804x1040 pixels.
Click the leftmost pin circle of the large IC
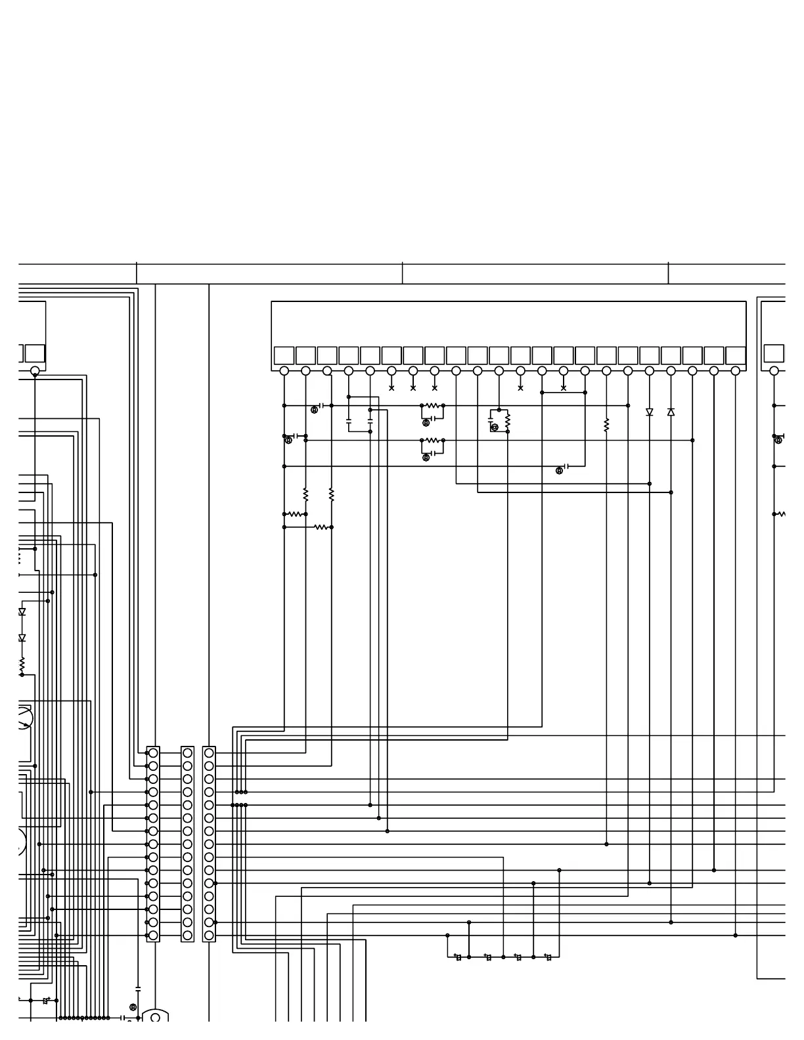click(284, 371)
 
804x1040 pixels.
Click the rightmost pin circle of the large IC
click(735, 371)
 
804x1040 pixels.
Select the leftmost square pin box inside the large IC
click(284, 355)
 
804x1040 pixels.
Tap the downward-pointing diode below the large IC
click(650, 412)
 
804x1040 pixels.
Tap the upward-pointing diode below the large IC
click(671, 412)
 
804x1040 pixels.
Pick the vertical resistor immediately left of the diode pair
click(606, 425)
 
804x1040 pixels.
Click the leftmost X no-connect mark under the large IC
click(391, 388)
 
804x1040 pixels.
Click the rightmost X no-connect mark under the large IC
click(564, 388)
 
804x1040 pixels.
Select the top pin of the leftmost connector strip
click(153, 753)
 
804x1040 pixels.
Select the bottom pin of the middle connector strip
click(188, 936)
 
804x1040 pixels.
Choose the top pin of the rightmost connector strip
click(209, 753)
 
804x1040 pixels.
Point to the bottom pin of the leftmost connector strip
click(153, 936)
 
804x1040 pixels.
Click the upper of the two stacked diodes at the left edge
click(22, 612)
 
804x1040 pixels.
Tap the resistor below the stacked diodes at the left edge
click(22, 664)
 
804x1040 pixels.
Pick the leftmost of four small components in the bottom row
click(458, 957)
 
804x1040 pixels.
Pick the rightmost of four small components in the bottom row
click(548, 957)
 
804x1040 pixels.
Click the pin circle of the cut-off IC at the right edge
click(774, 371)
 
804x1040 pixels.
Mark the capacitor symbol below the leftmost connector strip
click(138, 988)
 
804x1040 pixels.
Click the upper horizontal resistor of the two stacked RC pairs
click(432, 406)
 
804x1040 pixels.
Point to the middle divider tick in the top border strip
click(403, 273)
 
